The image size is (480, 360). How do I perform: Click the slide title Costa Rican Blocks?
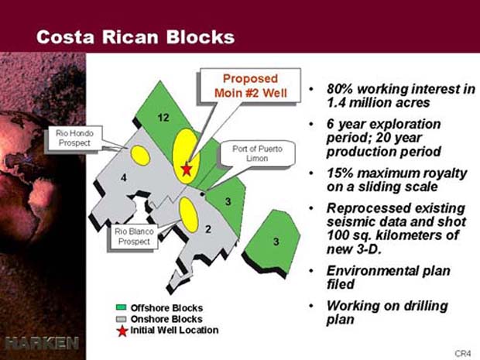pyautogui.click(x=135, y=37)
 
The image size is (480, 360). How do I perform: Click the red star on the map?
pyautogui.click(x=187, y=170)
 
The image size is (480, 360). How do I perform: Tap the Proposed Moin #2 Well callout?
pyautogui.click(x=250, y=85)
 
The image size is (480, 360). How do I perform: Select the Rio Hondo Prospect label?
pyautogui.click(x=74, y=138)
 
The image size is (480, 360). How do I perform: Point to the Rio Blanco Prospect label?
pyautogui.click(x=134, y=236)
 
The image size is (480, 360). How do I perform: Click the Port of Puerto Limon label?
pyautogui.click(x=257, y=153)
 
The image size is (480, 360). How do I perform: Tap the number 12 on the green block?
pyautogui.click(x=163, y=118)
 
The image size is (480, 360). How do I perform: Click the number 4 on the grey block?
pyautogui.click(x=123, y=177)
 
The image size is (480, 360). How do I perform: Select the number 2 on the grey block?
pyautogui.click(x=208, y=229)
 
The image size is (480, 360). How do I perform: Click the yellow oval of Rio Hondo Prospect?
pyautogui.click(x=140, y=156)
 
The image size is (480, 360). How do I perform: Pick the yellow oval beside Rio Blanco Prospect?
pyautogui.click(x=188, y=215)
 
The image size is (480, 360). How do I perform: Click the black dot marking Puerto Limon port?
pyautogui.click(x=202, y=194)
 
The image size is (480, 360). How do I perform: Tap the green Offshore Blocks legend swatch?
pyautogui.click(x=122, y=307)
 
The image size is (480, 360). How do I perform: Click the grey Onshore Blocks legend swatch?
pyautogui.click(x=122, y=319)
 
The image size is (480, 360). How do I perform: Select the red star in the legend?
pyautogui.click(x=122, y=331)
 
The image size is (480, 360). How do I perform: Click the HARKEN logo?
pyautogui.click(x=42, y=343)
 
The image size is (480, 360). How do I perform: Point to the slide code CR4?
pyautogui.click(x=462, y=353)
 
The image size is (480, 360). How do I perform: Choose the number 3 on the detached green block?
pyautogui.click(x=276, y=242)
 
